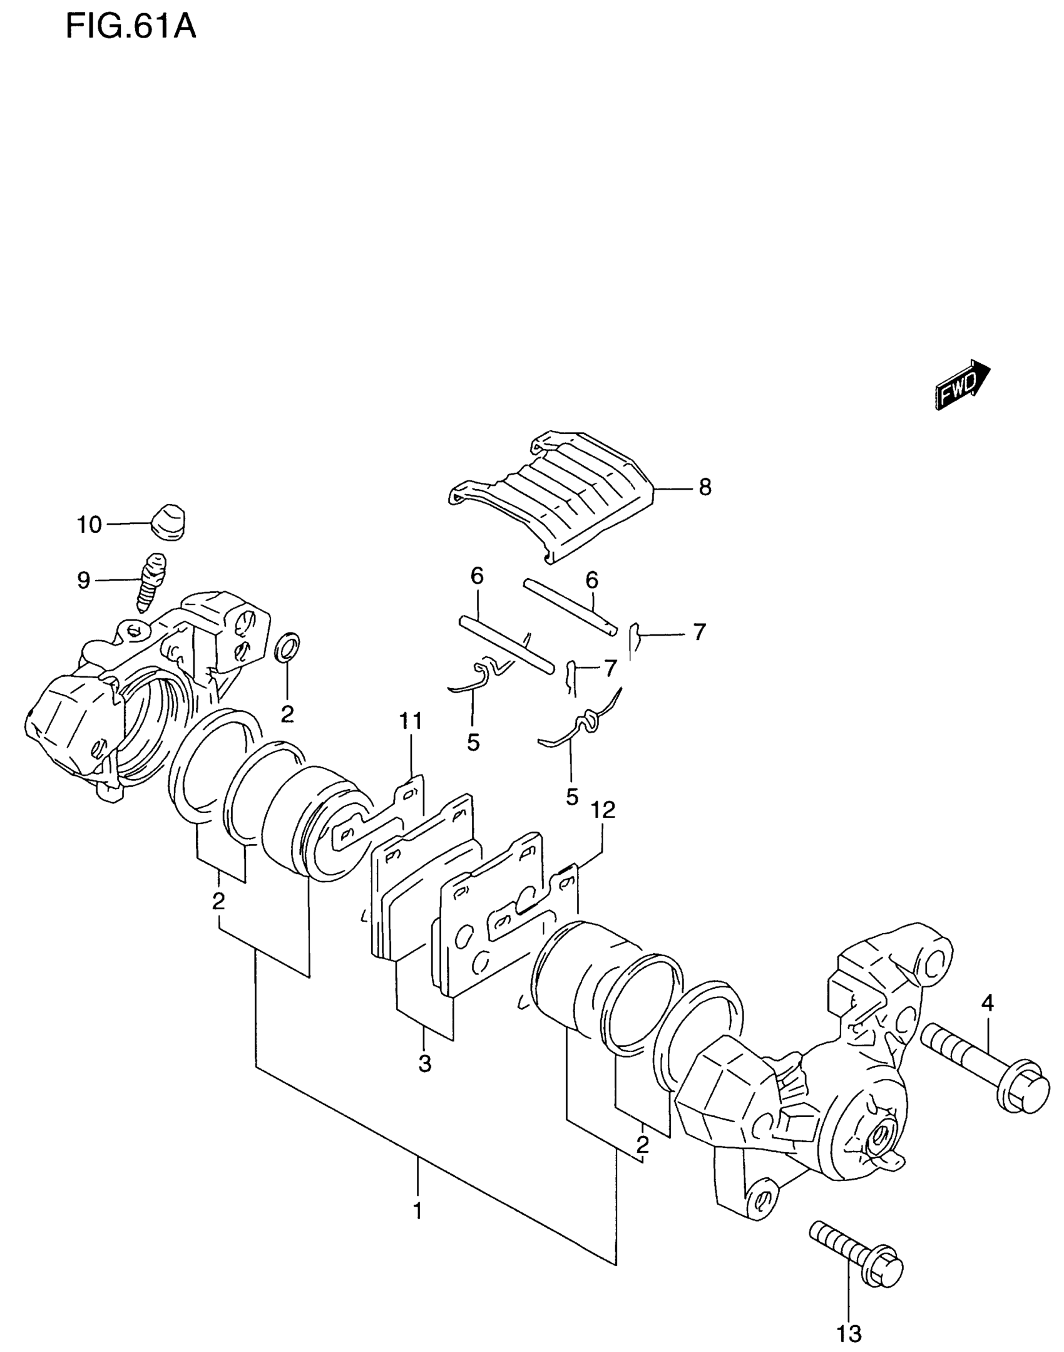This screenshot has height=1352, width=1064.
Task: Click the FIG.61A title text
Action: [131, 28]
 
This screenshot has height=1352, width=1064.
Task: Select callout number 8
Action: [705, 488]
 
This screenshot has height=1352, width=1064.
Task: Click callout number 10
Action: [90, 525]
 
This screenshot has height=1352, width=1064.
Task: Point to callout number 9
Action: [83, 581]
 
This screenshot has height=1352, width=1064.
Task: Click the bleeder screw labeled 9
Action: [150, 582]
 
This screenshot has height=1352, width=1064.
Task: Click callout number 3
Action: [425, 1063]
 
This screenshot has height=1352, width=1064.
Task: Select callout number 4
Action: [987, 1004]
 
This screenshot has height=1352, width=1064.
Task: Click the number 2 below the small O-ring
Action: [287, 714]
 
